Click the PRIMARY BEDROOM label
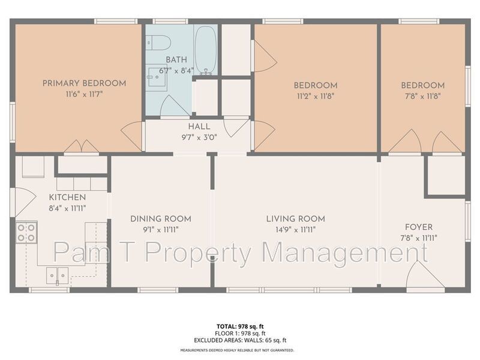coord(84,83)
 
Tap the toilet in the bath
coord(160,43)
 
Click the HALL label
coord(199,127)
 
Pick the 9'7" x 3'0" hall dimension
coord(199,137)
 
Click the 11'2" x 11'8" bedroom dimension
coord(316,95)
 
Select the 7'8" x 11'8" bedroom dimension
coord(422,95)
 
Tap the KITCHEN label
coord(67,197)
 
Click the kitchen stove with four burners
coord(26,232)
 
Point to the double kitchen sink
coord(58,274)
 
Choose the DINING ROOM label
coord(161,219)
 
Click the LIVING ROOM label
coord(295,219)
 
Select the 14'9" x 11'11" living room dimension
coord(295,229)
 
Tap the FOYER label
coord(419,227)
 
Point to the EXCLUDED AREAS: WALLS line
coord(240,340)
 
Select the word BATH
coord(176,59)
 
